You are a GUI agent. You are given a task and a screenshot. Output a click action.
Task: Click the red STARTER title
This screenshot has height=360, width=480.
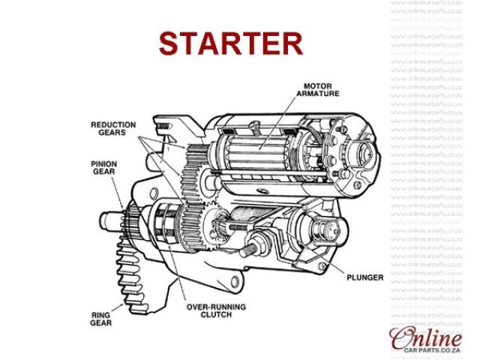pyautogui.click(x=231, y=43)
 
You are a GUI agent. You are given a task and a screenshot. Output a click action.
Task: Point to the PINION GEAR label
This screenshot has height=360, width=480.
pyautogui.click(x=103, y=166)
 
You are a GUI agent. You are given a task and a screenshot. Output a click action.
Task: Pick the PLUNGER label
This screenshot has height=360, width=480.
pyautogui.click(x=365, y=277)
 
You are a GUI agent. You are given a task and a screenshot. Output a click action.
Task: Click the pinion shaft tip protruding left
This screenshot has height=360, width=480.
pyautogui.click(x=107, y=222)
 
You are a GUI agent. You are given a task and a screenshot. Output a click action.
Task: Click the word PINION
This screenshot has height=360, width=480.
pyautogui.click(x=103, y=162)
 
